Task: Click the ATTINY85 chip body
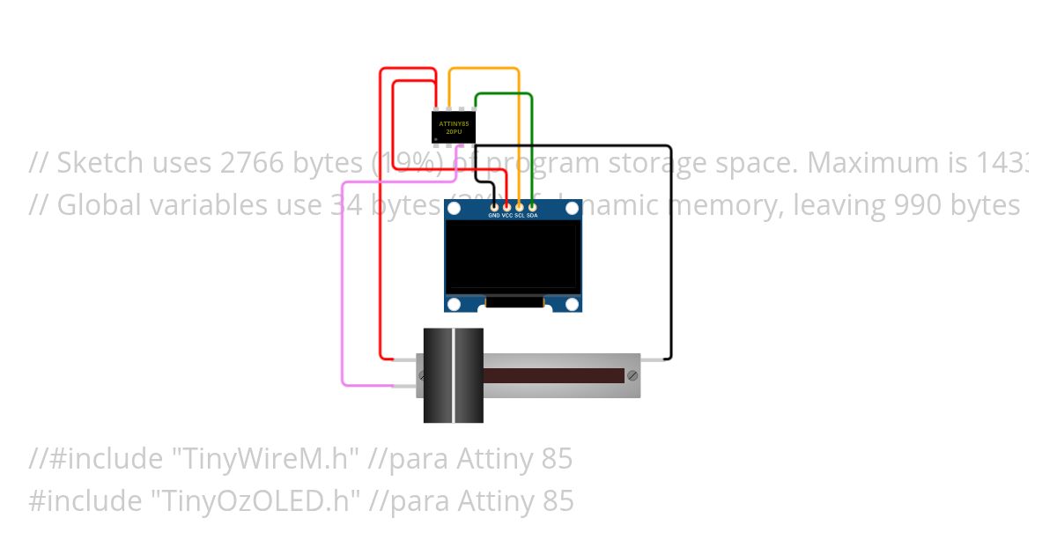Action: coord(454,127)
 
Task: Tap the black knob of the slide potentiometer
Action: coord(454,375)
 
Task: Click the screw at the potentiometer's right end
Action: coord(632,375)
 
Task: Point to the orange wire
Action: coord(519,132)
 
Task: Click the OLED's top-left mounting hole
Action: coord(455,209)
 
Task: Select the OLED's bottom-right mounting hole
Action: coord(572,304)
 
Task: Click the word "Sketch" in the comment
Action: coord(100,163)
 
